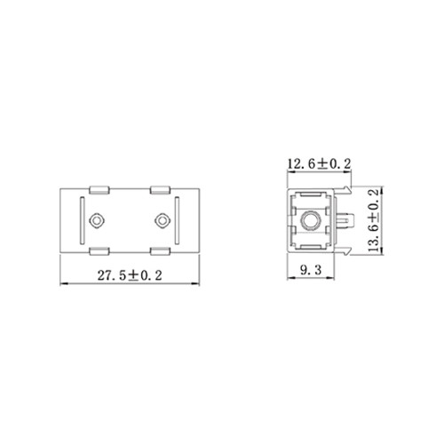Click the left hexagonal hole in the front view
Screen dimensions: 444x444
pos(97,219)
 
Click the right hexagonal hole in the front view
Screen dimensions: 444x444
pos(162,219)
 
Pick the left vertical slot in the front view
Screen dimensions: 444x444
pos(81,219)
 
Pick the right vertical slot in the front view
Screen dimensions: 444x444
pos(178,219)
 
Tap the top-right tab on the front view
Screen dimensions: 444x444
pos(162,189)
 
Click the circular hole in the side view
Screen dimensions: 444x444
pos(312,219)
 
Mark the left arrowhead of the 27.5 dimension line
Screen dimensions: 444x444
pos(61,283)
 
